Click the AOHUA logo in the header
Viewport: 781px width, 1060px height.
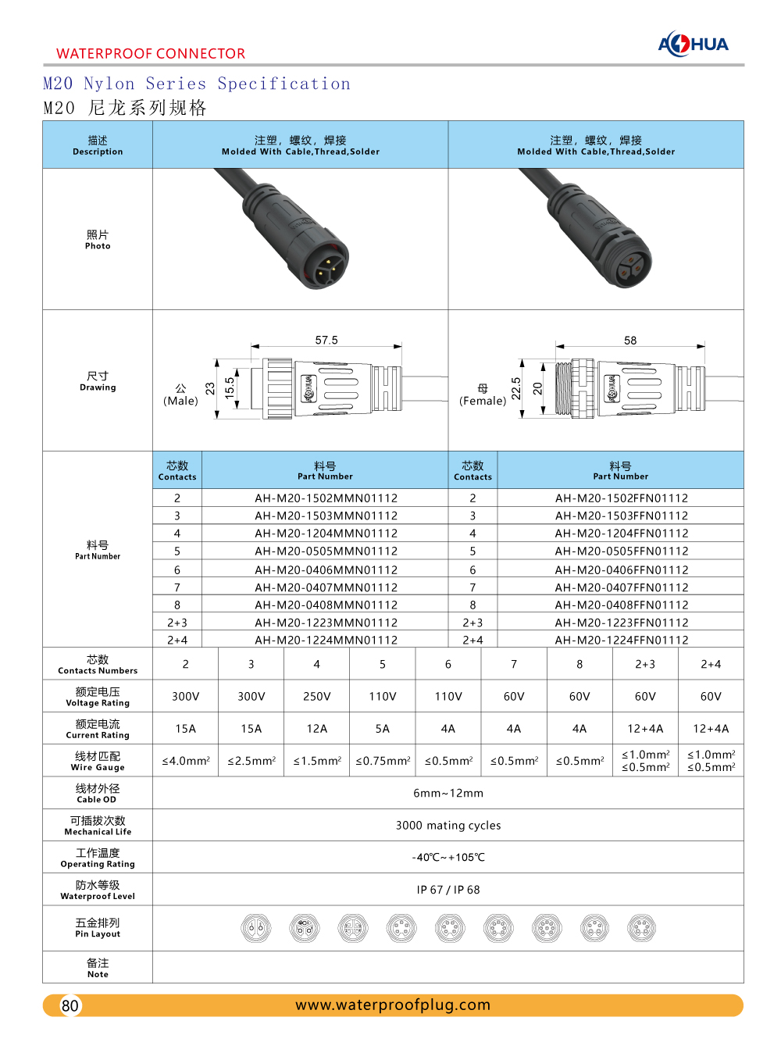pyautogui.click(x=693, y=44)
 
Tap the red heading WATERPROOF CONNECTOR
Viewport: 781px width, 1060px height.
pyautogui.click(x=151, y=53)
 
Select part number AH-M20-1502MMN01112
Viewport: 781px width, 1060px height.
pyautogui.click(x=326, y=498)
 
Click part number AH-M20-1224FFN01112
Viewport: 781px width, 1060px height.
pyautogui.click(x=621, y=641)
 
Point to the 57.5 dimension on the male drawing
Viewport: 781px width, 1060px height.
pyautogui.click(x=326, y=341)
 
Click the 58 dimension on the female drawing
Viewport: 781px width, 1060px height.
pyautogui.click(x=630, y=341)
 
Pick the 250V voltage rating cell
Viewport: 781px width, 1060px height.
pyautogui.click(x=316, y=697)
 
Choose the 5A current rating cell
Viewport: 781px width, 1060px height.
pyautogui.click(x=382, y=729)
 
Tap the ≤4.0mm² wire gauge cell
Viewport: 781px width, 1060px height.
pyautogui.click(x=185, y=761)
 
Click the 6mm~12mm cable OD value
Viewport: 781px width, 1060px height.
pyautogui.click(x=448, y=793)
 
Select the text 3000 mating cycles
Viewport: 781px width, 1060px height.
pyautogui.click(x=448, y=826)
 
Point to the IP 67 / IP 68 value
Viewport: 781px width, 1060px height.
pyautogui.click(x=448, y=890)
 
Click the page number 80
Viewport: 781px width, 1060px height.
pyautogui.click(x=70, y=1005)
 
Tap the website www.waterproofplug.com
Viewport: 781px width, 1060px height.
pyautogui.click(x=393, y=1005)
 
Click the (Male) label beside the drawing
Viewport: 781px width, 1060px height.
pyautogui.click(x=180, y=401)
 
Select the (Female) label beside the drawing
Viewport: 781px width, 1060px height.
pyautogui.click(x=483, y=401)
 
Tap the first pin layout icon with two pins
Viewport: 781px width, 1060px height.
pyautogui.click(x=255, y=928)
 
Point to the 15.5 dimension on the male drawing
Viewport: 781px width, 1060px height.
pyautogui.click(x=230, y=388)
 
